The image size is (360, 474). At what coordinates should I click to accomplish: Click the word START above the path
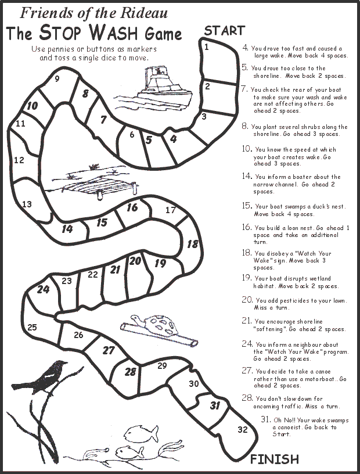(x=224, y=31)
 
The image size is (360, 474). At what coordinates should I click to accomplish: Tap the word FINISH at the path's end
(x=275, y=459)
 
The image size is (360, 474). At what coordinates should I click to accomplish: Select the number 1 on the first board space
(x=207, y=46)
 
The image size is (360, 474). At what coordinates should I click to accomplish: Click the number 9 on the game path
(x=57, y=79)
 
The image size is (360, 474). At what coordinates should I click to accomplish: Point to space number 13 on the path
(x=27, y=204)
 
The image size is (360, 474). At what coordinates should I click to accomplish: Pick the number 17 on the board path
(x=171, y=210)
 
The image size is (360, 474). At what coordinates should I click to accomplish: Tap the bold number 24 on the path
(x=43, y=289)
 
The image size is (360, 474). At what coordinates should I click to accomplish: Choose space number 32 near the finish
(x=242, y=429)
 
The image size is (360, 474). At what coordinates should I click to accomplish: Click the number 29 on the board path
(x=162, y=365)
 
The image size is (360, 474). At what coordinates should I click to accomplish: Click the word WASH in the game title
(x=114, y=33)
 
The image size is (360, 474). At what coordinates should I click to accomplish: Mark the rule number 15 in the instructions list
(x=247, y=206)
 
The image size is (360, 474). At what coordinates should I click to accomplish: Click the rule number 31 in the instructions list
(x=265, y=419)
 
